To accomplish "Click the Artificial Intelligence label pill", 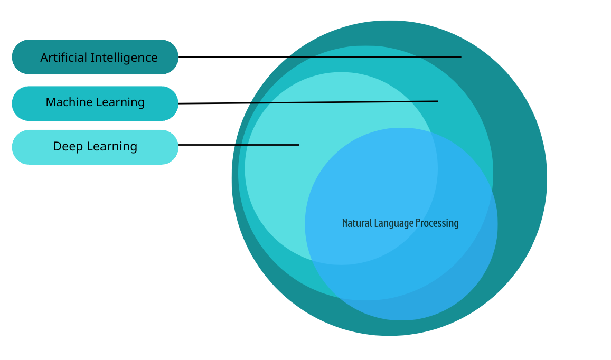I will click(x=95, y=57).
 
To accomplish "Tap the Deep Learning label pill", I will click(x=95, y=147).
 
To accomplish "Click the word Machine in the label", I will click(x=67, y=102).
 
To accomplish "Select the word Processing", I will click(x=437, y=223).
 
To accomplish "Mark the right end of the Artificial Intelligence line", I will click(x=460, y=57).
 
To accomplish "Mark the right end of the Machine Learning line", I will click(x=437, y=101).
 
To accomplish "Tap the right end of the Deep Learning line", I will click(x=298, y=145).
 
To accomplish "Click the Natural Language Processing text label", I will click(x=400, y=223).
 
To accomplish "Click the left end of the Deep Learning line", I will click(x=180, y=145).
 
